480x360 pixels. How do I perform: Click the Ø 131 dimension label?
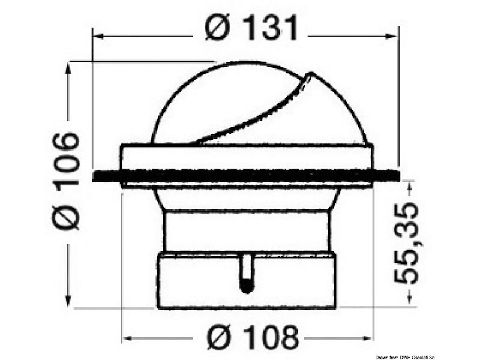251,28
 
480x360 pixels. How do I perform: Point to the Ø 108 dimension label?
253,337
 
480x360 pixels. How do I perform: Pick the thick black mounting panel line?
246,176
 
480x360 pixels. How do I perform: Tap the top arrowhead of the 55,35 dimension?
410,186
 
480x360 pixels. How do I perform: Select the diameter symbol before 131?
217,28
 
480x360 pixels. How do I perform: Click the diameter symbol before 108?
220,337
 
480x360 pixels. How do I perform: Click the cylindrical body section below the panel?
246,231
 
